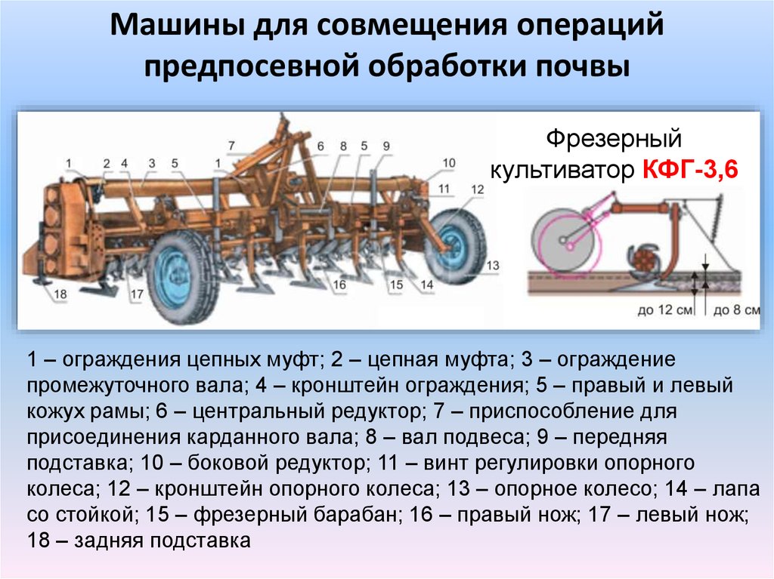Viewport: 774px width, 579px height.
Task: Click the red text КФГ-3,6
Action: coord(690,170)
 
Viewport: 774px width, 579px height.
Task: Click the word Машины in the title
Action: coord(177,25)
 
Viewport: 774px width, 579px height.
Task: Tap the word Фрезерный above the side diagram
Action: coord(614,139)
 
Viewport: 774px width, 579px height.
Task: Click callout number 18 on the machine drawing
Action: coord(60,294)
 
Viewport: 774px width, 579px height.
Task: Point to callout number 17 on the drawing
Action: coord(137,294)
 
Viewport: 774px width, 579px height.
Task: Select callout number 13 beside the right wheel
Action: coord(493,265)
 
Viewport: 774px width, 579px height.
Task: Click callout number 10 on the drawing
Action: coord(449,163)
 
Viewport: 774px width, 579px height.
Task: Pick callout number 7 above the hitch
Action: coord(231,146)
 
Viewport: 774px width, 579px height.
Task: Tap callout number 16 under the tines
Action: coord(339,285)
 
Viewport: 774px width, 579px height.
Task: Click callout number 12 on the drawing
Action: coord(478,189)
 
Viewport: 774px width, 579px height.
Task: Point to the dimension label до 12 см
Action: coord(664,310)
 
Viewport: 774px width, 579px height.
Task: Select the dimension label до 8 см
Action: coord(736,310)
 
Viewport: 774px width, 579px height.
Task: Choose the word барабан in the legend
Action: coord(355,514)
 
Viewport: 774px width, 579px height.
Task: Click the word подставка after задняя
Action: coord(200,541)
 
